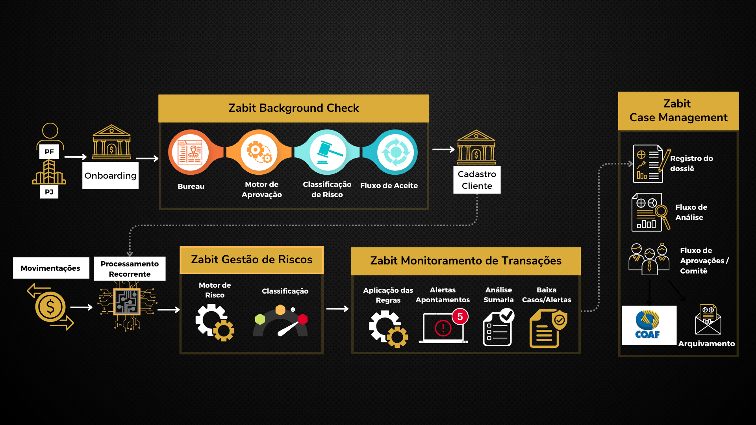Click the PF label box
coord(49,152)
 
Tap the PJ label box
coord(49,192)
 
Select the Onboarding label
coord(110,176)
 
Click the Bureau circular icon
coord(191,152)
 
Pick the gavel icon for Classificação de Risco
coord(328,152)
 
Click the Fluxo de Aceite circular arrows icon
coord(395,152)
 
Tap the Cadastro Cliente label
coord(477,180)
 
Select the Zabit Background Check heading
coord(294,108)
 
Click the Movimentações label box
coord(51,268)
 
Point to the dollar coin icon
coord(50,307)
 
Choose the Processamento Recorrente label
coord(130,269)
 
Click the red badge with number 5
coord(460,317)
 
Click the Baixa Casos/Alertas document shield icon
coord(547,329)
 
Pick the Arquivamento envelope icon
coord(708,320)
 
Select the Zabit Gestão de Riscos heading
coord(252,260)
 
